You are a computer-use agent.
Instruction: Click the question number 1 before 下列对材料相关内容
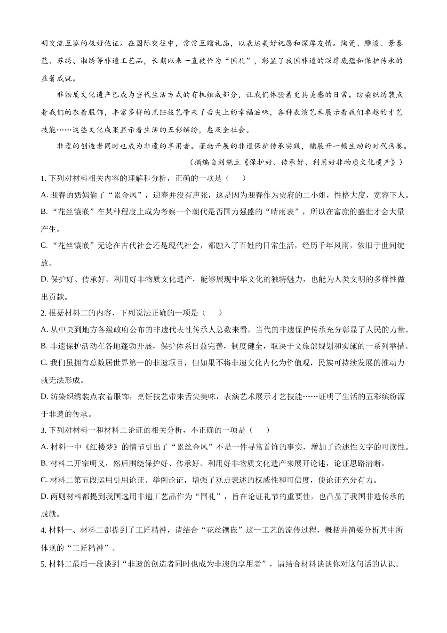click(43, 179)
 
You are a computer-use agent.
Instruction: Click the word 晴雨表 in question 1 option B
click(288, 212)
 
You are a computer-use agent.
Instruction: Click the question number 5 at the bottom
click(43, 564)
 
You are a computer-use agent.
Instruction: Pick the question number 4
click(43, 530)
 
